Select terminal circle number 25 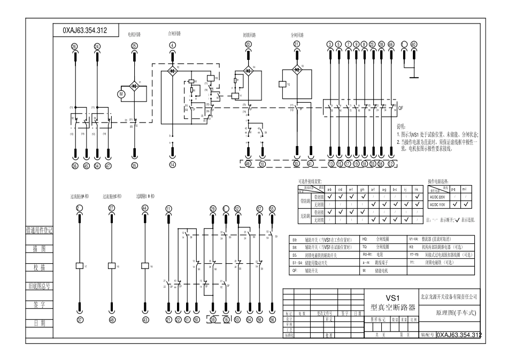(134, 47)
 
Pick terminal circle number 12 (391, 164)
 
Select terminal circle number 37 (80, 320)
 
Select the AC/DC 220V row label (438, 196)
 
